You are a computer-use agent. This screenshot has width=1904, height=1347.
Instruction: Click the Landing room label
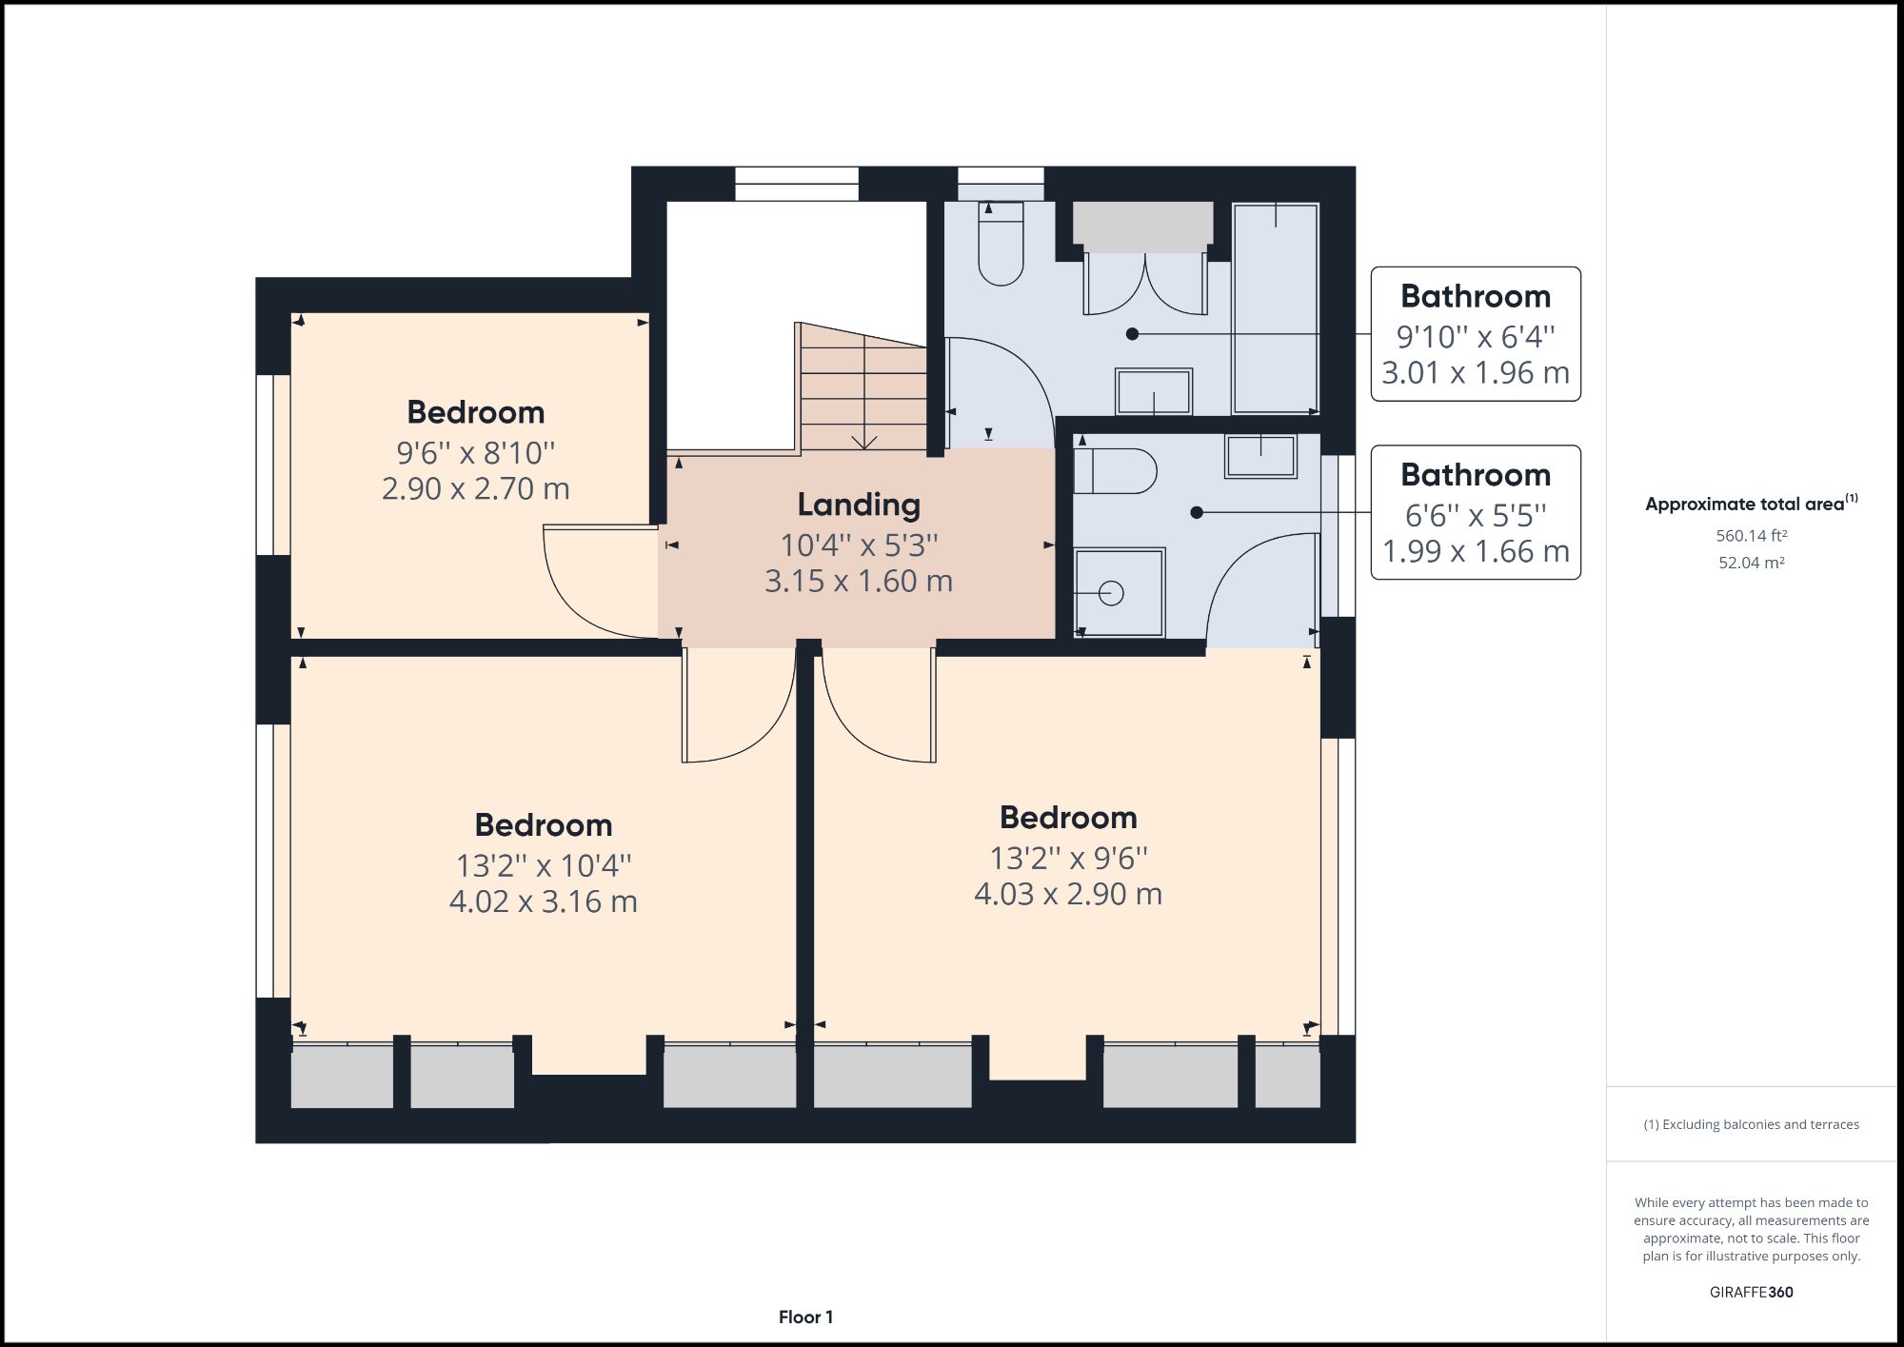[859, 505]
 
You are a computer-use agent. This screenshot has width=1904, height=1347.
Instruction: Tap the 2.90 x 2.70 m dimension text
[475, 488]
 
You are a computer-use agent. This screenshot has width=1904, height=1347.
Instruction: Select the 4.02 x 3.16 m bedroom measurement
[543, 901]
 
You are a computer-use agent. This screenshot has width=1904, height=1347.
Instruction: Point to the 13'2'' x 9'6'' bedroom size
[1068, 858]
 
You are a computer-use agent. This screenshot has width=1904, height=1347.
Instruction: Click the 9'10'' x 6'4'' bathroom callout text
[1475, 336]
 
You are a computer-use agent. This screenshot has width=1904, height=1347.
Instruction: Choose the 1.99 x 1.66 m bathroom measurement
[1475, 551]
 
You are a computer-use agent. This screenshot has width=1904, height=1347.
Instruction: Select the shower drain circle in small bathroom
[1111, 593]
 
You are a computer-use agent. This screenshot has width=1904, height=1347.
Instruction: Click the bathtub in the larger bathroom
[1276, 307]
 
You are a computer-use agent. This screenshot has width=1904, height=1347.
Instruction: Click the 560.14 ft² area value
[1751, 536]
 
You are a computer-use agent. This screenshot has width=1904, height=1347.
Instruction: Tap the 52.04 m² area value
[1751, 563]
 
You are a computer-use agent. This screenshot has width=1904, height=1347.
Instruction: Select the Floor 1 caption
[805, 1317]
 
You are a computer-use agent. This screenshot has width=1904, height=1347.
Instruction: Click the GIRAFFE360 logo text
[1751, 1292]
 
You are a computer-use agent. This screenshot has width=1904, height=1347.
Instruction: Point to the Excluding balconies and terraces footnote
[1751, 1124]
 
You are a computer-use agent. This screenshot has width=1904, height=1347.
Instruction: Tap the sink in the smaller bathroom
[1260, 456]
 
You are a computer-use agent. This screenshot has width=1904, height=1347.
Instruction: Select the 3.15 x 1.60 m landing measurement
[859, 581]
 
